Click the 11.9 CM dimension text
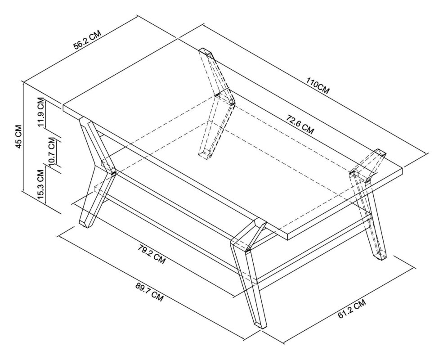tap(41, 112)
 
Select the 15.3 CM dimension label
tap(41, 185)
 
